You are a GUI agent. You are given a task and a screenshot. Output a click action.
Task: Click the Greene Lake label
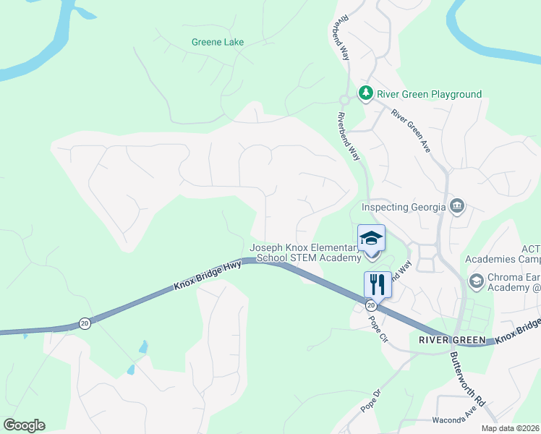click(218, 42)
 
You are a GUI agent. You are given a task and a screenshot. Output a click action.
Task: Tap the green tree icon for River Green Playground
click(366, 93)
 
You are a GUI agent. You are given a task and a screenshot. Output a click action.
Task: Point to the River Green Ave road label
click(411, 130)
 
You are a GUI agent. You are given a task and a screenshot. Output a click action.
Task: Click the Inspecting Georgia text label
click(403, 208)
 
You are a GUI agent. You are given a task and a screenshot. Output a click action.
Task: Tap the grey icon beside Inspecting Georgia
click(456, 207)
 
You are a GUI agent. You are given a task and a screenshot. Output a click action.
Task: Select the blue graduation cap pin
click(372, 239)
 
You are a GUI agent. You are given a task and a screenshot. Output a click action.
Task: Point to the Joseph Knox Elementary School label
click(305, 252)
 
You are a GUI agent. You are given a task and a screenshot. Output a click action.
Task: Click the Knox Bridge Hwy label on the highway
click(208, 276)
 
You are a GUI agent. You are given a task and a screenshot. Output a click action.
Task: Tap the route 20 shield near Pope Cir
click(370, 306)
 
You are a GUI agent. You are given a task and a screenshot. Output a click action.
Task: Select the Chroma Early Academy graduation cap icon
click(476, 281)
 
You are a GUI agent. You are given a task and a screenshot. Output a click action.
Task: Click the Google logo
click(24, 425)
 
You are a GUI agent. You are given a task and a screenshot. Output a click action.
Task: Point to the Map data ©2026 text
click(510, 428)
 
